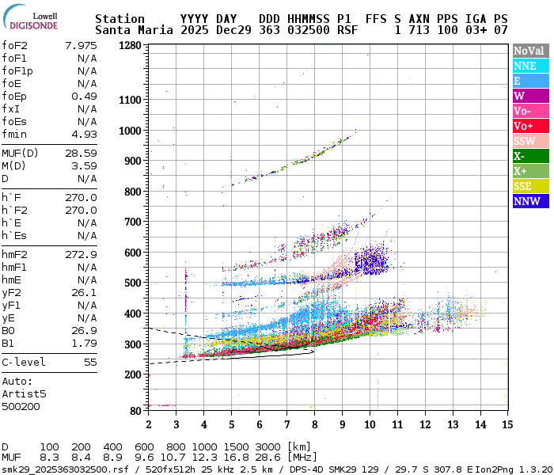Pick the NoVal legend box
click(529, 51)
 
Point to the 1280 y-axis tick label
click(130, 45)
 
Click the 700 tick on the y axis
click(133, 222)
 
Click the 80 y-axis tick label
click(135, 410)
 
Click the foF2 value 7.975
click(81, 45)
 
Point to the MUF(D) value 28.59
click(81, 153)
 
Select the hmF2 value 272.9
click(81, 254)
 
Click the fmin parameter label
click(14, 134)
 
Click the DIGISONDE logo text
click(34, 25)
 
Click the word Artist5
click(25, 393)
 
